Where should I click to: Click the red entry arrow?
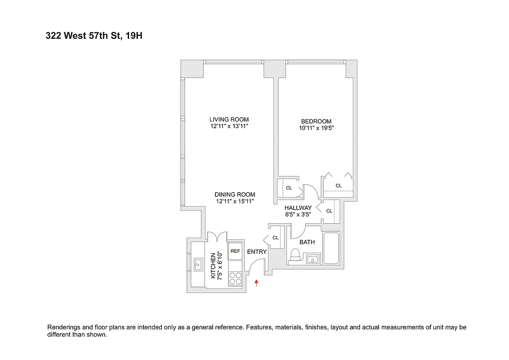[257, 283]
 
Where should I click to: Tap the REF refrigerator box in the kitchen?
[235, 252]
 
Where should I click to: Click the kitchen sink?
[198, 265]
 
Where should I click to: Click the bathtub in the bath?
[332, 248]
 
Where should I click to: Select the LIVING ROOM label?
[229, 120]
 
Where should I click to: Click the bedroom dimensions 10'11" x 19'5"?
[316, 128]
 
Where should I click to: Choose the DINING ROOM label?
[235, 194]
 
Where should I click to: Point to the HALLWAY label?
[298, 208]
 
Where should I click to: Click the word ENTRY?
[257, 252]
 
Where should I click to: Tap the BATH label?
[307, 242]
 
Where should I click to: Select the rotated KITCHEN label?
[214, 265]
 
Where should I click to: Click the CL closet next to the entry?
[275, 238]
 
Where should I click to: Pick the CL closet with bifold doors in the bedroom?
[338, 185]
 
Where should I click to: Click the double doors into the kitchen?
[217, 237]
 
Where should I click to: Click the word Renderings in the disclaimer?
[64, 327]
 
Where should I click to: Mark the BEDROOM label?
[316, 121]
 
